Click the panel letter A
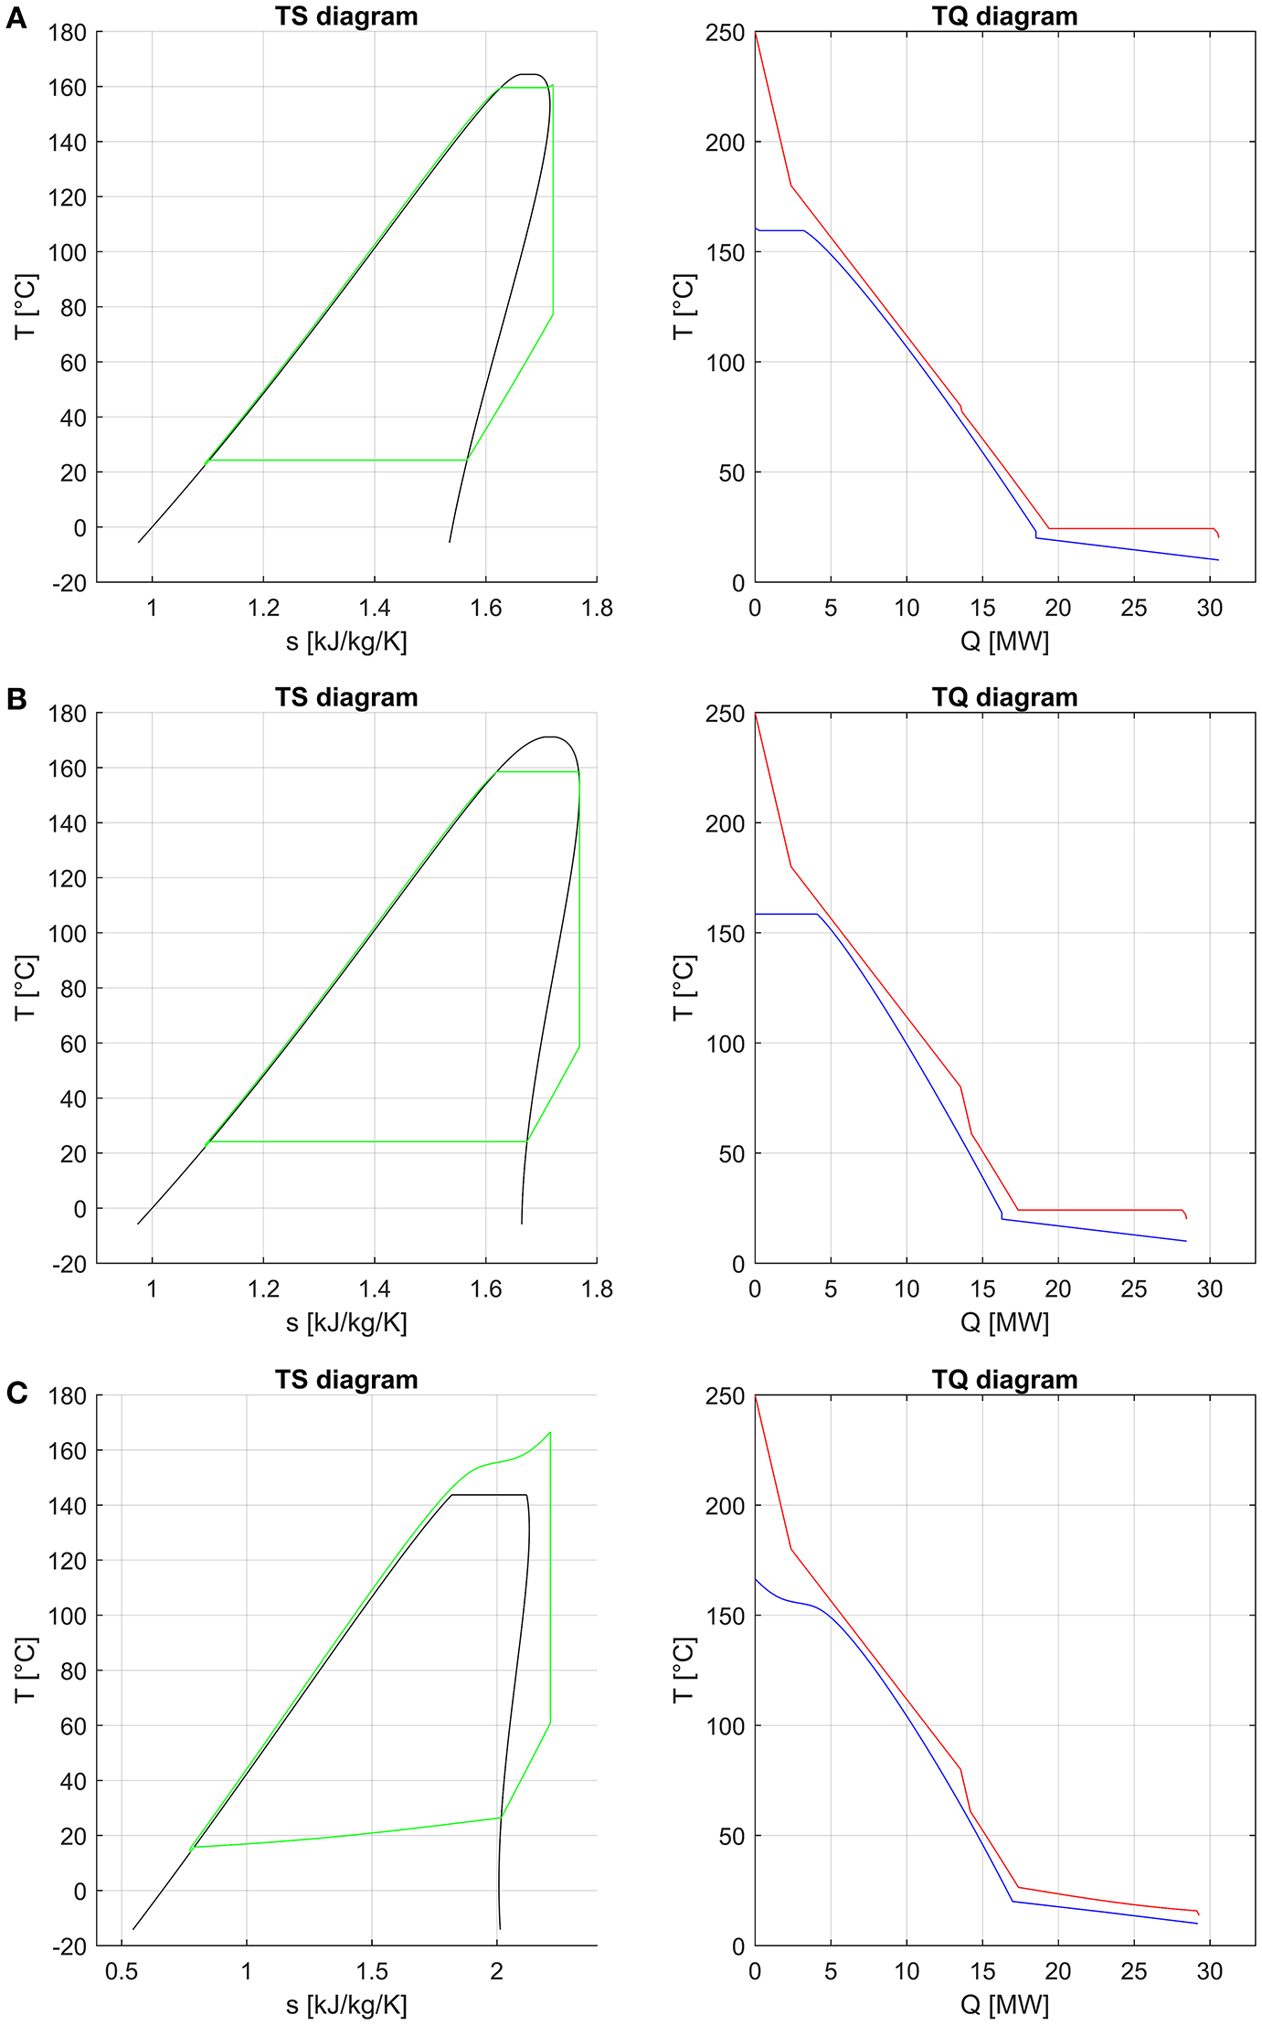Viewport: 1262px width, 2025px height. tap(16, 17)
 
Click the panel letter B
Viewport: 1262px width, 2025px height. tap(16, 699)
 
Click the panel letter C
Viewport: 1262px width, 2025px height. tap(16, 1393)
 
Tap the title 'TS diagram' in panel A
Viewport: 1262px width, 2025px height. tap(346, 16)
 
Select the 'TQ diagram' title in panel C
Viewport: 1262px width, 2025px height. tap(1004, 1379)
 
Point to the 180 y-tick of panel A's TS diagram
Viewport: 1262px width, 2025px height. tap(68, 33)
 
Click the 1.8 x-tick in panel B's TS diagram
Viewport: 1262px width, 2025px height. tap(597, 1289)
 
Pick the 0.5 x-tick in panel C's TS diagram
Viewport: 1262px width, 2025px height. tap(122, 1971)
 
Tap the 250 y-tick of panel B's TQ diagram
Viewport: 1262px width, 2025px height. tap(725, 714)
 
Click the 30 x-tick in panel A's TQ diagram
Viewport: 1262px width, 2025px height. tap(1209, 608)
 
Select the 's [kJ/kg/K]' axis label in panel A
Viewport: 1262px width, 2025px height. tap(346, 641)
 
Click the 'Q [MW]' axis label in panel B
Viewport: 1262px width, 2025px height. tap(1004, 1322)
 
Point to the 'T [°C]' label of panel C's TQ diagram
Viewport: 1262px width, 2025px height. tap(684, 1670)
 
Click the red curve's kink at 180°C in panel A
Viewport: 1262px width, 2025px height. tap(791, 186)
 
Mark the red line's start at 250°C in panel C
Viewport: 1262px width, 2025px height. tap(756, 1396)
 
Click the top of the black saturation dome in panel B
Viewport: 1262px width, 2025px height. tap(548, 737)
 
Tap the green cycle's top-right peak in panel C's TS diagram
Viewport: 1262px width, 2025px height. tap(550, 1433)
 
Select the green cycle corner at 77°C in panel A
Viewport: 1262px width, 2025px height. tap(553, 314)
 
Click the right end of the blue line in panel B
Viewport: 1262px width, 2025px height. tap(1185, 1241)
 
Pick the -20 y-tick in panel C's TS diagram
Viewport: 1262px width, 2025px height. tap(68, 1946)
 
